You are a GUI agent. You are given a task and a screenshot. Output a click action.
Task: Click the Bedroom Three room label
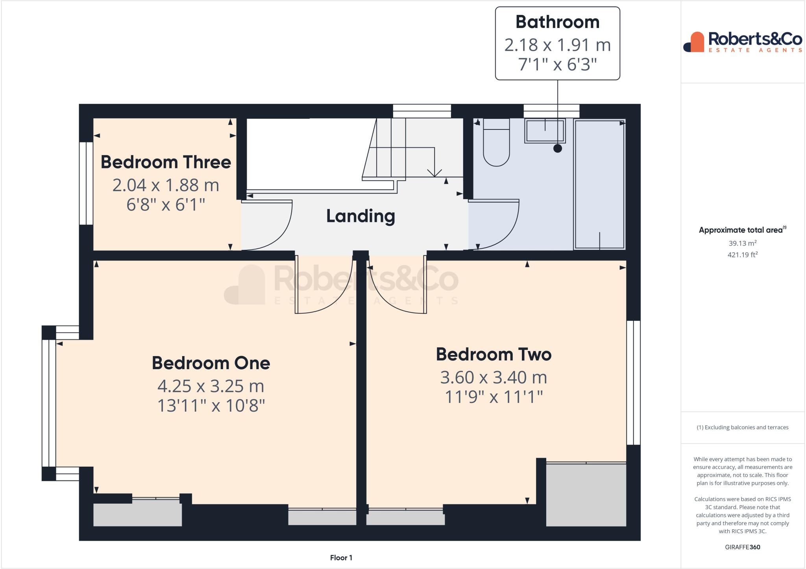coord(166,162)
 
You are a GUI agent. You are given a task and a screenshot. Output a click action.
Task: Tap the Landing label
coord(360,216)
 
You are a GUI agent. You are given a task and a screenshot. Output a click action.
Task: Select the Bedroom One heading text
coord(211,363)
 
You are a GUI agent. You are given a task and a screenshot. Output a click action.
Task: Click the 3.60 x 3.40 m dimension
coord(494,377)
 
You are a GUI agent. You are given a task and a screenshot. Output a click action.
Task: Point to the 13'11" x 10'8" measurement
coord(211,405)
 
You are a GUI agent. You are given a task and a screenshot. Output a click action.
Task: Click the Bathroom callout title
coord(557,22)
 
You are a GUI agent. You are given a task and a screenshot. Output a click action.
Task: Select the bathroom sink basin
coord(545,131)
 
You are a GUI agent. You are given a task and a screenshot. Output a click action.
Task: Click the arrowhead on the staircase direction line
coord(434,173)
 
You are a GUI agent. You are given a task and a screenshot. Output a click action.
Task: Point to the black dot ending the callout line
coord(557,148)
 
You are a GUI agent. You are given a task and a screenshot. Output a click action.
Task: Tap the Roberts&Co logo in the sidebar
coord(743,42)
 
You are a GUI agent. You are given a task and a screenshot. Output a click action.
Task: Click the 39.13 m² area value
coord(742,243)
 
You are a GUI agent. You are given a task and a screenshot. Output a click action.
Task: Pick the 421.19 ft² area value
coord(742,255)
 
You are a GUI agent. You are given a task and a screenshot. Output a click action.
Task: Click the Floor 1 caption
coord(341,558)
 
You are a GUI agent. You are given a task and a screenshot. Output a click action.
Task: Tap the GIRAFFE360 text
coord(742,547)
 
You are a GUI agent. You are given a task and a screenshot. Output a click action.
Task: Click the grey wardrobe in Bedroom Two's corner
coord(586,495)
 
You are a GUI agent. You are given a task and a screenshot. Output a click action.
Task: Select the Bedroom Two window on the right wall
coord(633,382)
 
